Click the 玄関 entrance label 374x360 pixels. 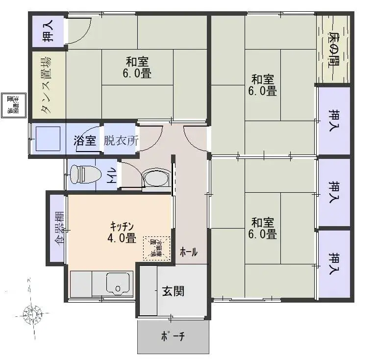[x=173, y=291]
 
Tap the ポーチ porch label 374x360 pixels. [x=172, y=337]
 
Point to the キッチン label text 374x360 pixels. [x=122, y=226]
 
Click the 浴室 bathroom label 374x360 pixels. [x=85, y=141]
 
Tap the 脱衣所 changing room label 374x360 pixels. [x=121, y=141]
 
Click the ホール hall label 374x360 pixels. [x=189, y=252]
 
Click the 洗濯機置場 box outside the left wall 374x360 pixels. [x=10, y=104]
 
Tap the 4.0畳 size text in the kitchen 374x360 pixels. [x=122, y=238]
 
